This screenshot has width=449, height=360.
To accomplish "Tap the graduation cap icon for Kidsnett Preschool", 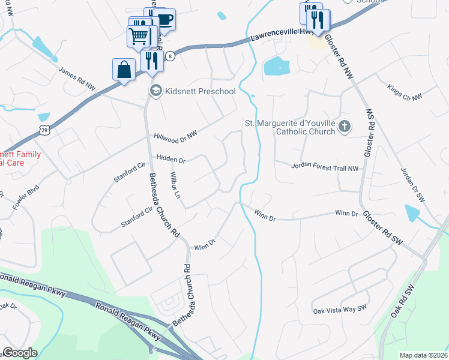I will coord(155,91).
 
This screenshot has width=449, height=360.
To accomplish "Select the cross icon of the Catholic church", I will coord(344,127).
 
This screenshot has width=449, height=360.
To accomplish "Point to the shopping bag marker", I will coord(124,70).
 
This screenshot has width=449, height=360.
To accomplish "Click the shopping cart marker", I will coord(139,37).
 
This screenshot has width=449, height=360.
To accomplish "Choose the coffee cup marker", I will coord(164,19).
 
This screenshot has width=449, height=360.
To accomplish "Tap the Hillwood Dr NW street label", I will coord(175,137).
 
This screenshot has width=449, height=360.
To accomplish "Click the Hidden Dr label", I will coord(171,160).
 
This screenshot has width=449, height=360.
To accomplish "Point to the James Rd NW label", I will coord(77,79).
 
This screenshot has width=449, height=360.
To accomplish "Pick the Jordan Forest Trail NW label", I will coord(325,167).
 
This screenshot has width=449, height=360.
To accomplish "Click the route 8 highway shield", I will coord(171,56).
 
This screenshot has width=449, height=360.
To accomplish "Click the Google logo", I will coord(20,353).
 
